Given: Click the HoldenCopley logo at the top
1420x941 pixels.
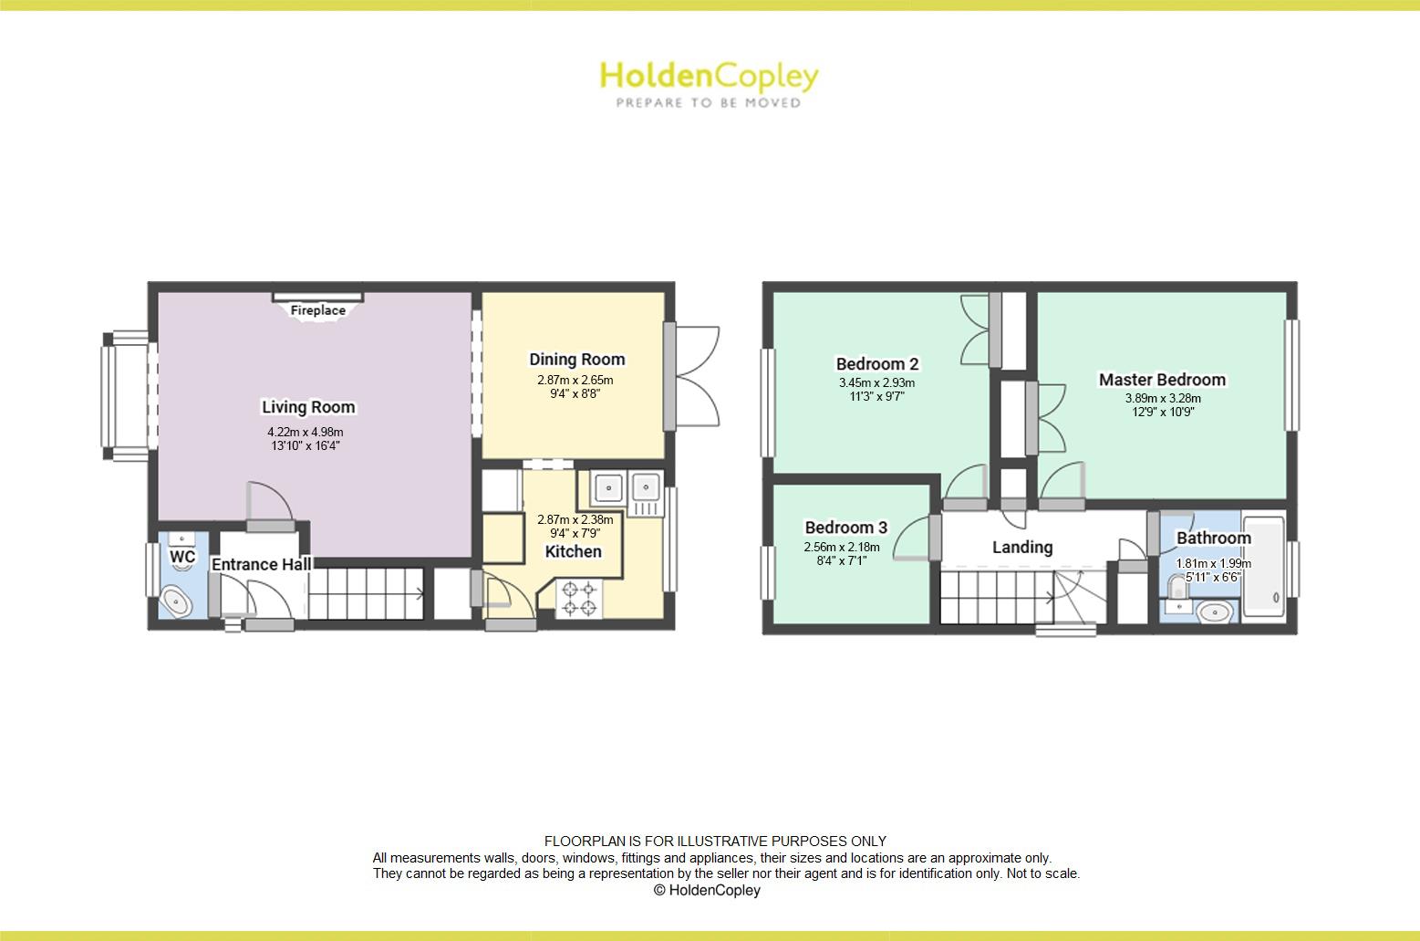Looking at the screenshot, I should click(x=709, y=82).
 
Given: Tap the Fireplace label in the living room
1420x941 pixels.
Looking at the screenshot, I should click(x=317, y=310).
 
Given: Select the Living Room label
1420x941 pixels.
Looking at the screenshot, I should click(x=308, y=407).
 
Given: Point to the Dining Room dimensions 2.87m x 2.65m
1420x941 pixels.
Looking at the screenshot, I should click(x=575, y=381).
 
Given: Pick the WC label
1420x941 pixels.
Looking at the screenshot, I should click(x=182, y=557).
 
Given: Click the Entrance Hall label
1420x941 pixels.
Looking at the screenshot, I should click(x=261, y=565).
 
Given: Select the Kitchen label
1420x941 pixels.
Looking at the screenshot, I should click(x=573, y=551).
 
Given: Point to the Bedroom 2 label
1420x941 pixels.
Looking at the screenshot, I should click(x=876, y=364).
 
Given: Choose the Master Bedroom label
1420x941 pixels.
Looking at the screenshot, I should click(x=1161, y=380).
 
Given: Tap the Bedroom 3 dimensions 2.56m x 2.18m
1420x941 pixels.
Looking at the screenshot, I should click(x=841, y=548).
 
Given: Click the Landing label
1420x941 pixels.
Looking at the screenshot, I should click(x=1021, y=547).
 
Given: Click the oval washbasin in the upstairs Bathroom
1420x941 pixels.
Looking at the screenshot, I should click(x=1213, y=612).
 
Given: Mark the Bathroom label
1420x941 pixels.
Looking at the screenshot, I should click(x=1212, y=538).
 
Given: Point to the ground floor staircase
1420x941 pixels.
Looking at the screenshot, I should click(x=365, y=594).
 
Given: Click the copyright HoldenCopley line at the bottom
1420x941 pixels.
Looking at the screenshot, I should click(x=707, y=890).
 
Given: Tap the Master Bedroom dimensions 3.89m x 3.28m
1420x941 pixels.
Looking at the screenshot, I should click(x=1162, y=398).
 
